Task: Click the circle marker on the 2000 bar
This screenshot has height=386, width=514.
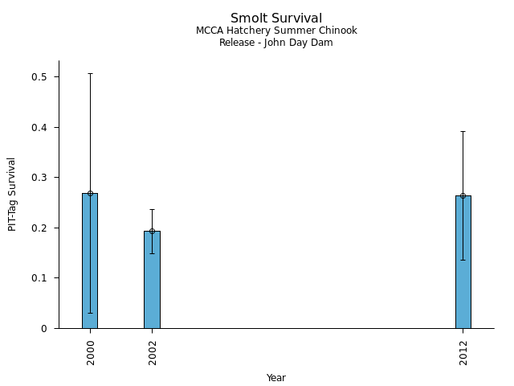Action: coord(90,194)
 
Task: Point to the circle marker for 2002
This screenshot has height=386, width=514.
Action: coord(152,231)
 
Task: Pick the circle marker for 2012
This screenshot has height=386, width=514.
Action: coord(463,195)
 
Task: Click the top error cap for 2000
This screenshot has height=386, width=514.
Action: coord(90,73)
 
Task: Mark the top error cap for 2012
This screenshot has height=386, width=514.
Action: coord(463,131)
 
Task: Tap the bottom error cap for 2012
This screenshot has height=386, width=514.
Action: coord(463,260)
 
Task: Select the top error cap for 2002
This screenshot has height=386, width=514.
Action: coord(152,209)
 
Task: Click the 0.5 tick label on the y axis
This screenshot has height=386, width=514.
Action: coord(39,77)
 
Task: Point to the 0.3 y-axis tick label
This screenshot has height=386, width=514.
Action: coord(39,178)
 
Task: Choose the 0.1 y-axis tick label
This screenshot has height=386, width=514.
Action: coord(39,278)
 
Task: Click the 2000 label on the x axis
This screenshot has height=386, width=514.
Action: coord(90,351)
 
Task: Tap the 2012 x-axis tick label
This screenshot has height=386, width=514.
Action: coord(463,351)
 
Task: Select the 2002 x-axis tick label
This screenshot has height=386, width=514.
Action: coord(153,351)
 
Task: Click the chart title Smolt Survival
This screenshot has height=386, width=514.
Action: coord(276,18)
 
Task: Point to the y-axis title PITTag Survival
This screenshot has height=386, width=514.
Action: coord(12,194)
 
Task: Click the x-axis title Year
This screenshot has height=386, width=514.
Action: coord(276,378)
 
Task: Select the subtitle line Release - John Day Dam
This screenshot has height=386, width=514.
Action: coord(276,43)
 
